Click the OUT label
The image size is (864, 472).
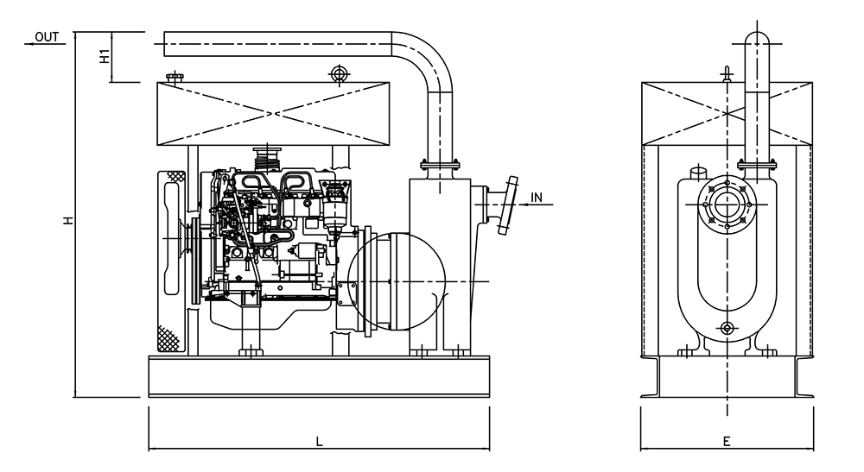pyautogui.click(x=47, y=36)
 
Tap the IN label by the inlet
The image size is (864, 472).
pyautogui.click(x=537, y=197)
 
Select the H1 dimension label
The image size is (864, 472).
pyautogui.click(x=103, y=57)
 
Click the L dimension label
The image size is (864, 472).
pyautogui.click(x=319, y=442)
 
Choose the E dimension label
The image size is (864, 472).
pyautogui.click(x=727, y=442)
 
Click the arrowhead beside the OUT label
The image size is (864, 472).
pyautogui.click(x=30, y=43)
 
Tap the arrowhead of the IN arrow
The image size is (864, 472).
pyautogui.click(x=524, y=205)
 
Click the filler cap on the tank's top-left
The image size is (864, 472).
pyautogui.click(x=175, y=79)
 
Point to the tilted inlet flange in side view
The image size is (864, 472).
pyautogui.click(x=508, y=206)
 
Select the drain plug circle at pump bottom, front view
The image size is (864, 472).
pyautogui.click(x=727, y=327)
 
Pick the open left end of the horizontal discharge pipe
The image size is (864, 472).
pyautogui.click(x=165, y=44)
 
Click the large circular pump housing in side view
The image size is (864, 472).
pyautogui.click(x=397, y=282)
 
